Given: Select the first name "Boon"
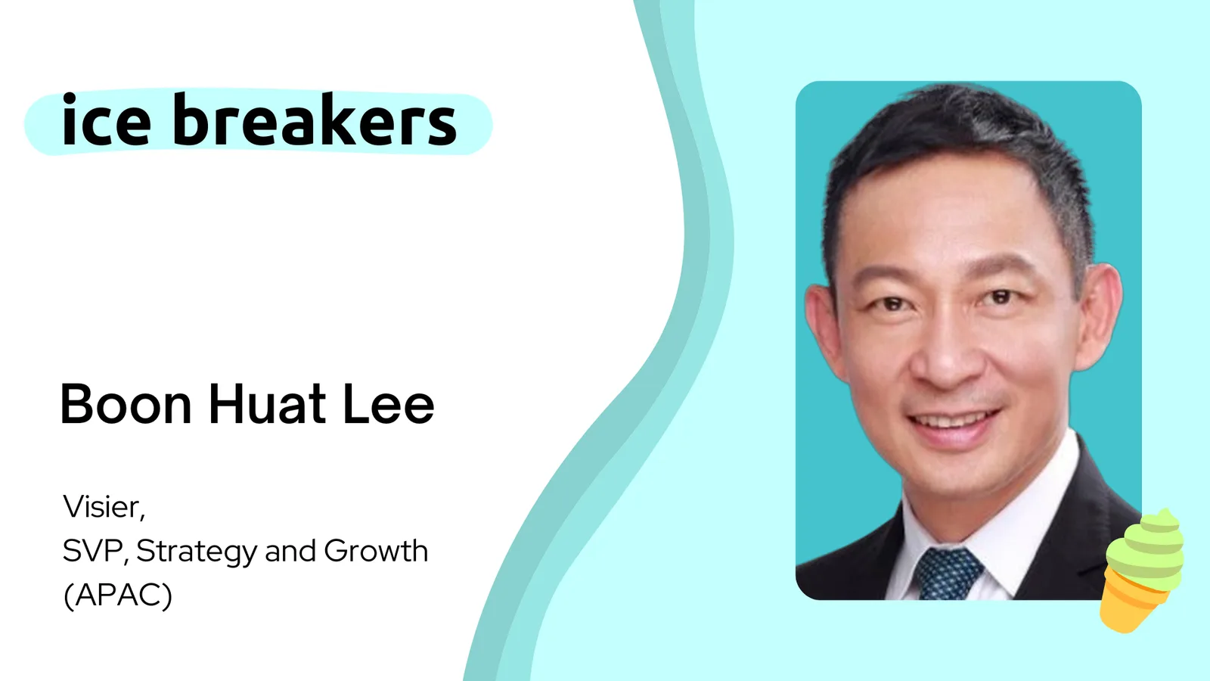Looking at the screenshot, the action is click(x=126, y=404).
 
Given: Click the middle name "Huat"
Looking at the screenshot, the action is click(x=268, y=404).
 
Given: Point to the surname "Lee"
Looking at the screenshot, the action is click(x=389, y=404).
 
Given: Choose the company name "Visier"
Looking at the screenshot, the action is click(x=104, y=507).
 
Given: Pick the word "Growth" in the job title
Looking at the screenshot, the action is click(x=376, y=552).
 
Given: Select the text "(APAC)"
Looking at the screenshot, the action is click(x=118, y=596).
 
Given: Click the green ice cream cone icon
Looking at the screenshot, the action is click(x=1141, y=571).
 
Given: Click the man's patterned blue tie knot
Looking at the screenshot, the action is click(x=949, y=573).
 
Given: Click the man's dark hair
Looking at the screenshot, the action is click(x=956, y=141).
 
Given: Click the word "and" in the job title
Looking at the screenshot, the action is click(x=290, y=552).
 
